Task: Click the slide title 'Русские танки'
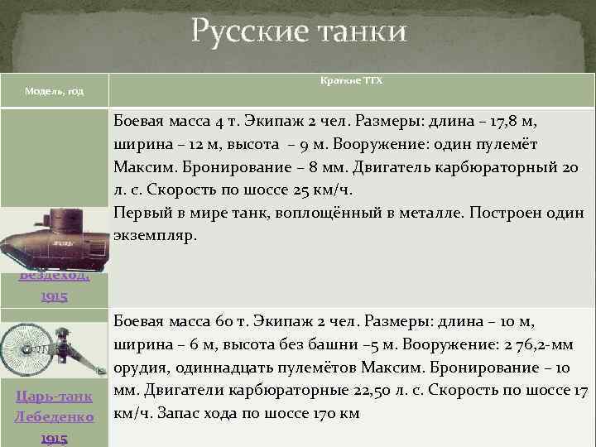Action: (x=299, y=32)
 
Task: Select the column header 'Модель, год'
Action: (x=53, y=89)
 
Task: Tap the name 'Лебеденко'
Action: (x=53, y=416)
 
